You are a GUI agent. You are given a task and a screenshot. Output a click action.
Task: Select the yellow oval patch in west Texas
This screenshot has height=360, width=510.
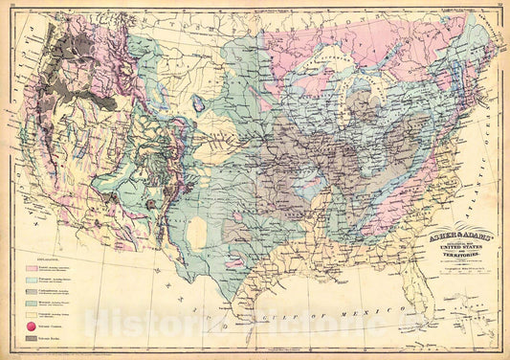click(199, 233)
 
